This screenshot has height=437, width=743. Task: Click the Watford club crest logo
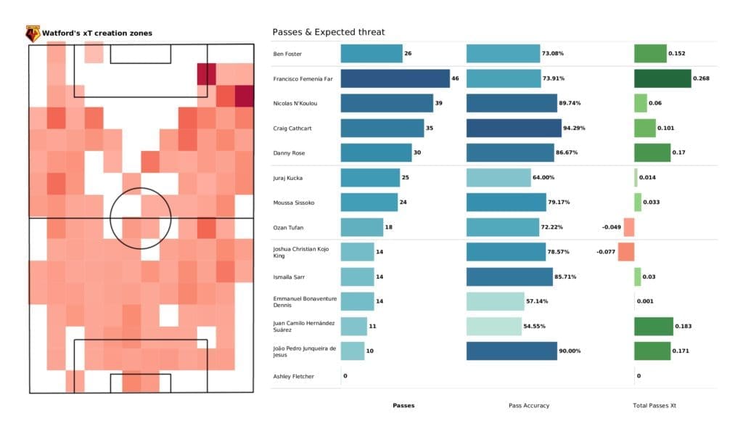click(x=33, y=33)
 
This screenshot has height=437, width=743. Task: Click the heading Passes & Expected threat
click(x=328, y=32)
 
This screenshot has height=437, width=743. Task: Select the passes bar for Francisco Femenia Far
click(x=395, y=78)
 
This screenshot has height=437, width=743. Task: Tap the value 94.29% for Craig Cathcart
click(x=573, y=128)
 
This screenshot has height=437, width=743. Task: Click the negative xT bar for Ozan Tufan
click(x=629, y=227)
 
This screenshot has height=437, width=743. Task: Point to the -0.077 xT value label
click(x=606, y=252)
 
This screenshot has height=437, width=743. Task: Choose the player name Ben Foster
click(x=287, y=54)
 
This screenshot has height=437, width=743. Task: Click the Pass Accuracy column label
click(x=529, y=405)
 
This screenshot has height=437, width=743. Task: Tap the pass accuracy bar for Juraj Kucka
click(x=499, y=178)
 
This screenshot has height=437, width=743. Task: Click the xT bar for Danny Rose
click(x=652, y=153)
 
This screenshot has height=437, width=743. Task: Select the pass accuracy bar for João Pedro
click(x=512, y=351)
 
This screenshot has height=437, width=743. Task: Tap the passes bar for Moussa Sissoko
click(x=369, y=203)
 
